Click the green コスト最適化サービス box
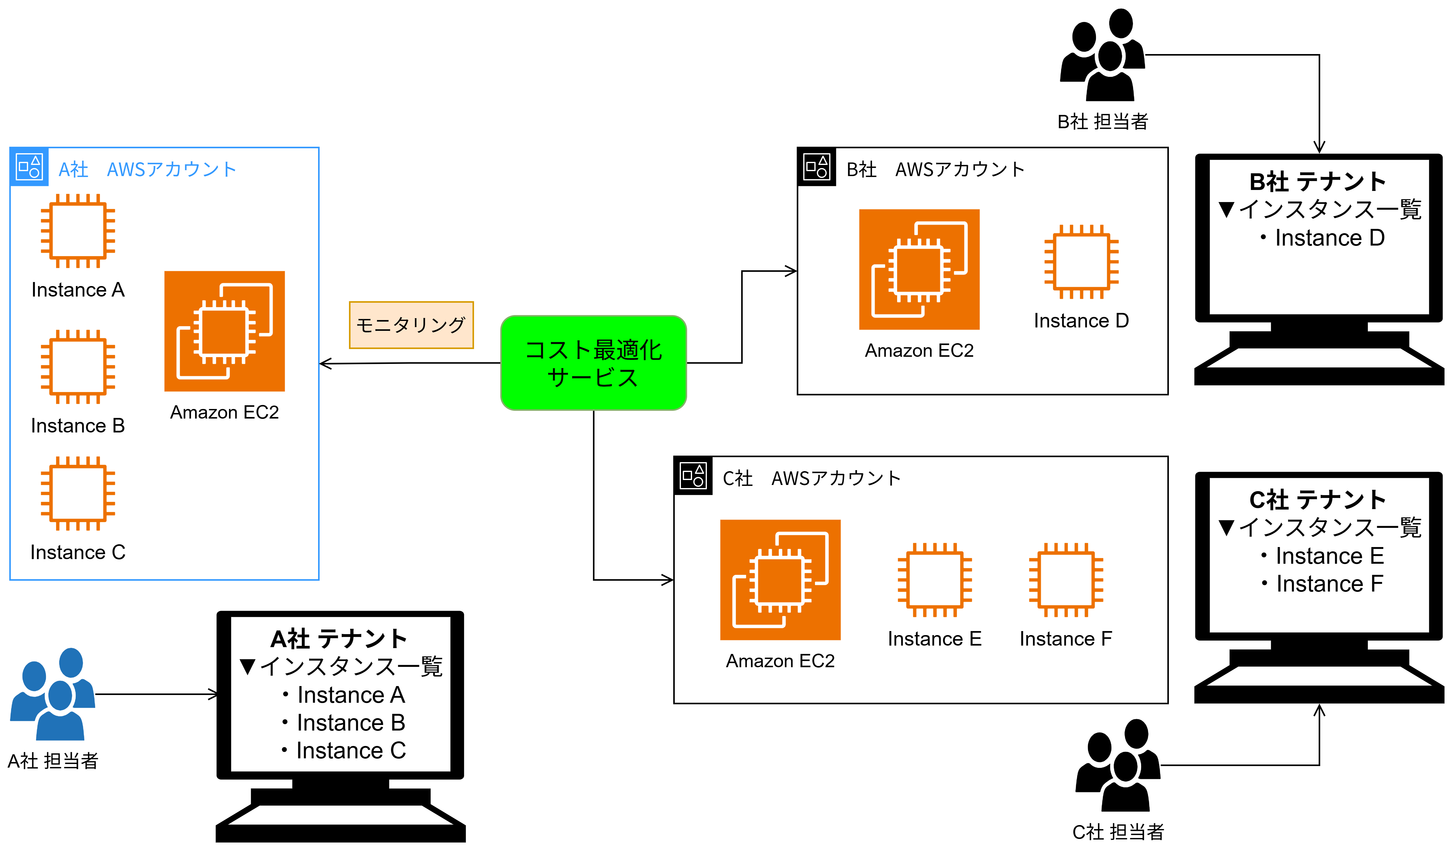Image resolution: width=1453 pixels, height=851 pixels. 593,363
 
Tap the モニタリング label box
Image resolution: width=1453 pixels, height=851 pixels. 411,325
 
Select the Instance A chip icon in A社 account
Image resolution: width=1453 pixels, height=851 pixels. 78,231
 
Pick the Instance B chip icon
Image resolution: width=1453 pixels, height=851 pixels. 78,367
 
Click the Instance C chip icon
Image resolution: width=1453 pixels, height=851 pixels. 78,494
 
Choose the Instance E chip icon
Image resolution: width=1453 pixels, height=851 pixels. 935,580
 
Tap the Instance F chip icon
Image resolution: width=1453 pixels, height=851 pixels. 1066,580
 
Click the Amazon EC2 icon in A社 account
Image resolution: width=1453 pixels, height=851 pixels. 224,331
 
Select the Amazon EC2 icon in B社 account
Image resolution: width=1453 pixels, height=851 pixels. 919,269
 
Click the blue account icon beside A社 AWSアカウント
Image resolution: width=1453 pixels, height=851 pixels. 29,166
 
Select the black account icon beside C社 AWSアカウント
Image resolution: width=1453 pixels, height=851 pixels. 693,476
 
